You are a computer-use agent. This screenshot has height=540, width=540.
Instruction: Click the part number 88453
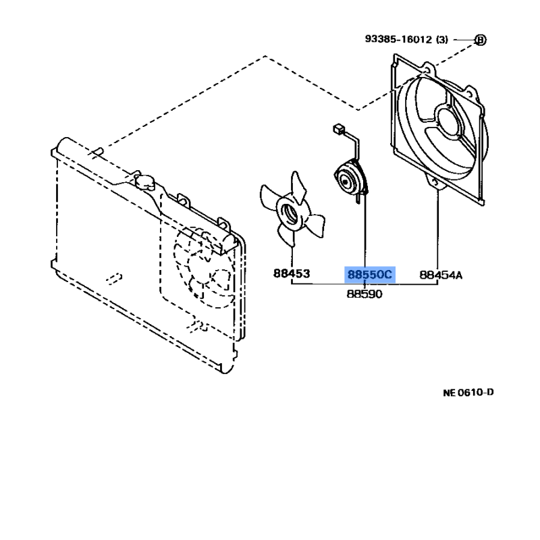click(x=292, y=273)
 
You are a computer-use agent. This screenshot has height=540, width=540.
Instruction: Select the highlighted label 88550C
click(x=369, y=275)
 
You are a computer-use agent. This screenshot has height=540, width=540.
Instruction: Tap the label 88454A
click(x=441, y=275)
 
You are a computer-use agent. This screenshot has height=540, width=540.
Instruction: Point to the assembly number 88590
click(x=364, y=294)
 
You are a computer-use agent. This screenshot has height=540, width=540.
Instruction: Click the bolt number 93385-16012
click(x=398, y=39)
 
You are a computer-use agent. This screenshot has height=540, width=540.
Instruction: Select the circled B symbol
click(x=480, y=40)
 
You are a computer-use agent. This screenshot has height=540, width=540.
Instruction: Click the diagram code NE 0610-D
click(x=468, y=392)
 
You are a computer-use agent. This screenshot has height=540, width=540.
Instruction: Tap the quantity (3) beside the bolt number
click(x=442, y=40)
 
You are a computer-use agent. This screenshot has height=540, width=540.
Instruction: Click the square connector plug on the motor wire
click(x=338, y=130)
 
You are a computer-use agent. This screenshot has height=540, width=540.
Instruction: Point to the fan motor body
click(x=350, y=180)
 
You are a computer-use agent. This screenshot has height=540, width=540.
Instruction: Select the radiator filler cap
click(x=144, y=181)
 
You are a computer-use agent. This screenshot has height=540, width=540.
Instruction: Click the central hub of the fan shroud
click(x=450, y=122)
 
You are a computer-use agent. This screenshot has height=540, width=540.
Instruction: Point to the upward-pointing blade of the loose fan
click(x=298, y=187)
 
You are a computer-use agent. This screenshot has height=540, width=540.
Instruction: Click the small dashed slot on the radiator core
click(x=114, y=279)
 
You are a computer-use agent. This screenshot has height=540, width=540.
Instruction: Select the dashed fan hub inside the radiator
click(x=219, y=278)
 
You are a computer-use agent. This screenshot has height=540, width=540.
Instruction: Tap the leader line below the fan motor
click(x=364, y=231)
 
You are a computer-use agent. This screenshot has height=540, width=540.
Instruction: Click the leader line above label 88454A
click(x=437, y=229)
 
